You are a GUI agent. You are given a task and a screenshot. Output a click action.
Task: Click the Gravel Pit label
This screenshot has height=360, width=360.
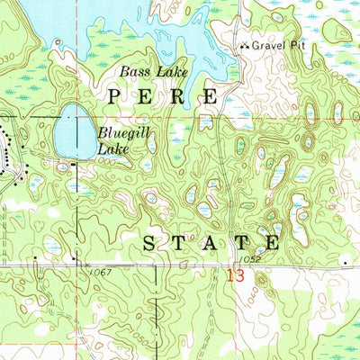point(279,44)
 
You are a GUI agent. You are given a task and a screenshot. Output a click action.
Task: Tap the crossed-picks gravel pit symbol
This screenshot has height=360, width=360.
point(244,45)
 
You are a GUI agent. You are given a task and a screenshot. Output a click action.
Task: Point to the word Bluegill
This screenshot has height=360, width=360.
point(118,132)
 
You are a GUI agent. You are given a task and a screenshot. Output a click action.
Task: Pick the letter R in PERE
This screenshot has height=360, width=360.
point(178,94)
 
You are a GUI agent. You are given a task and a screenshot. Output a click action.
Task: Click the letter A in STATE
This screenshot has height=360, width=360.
point(211,242)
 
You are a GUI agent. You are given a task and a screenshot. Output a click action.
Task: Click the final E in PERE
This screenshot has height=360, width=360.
point(210,94)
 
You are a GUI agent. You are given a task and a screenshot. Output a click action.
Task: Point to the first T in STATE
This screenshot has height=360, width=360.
point(181,242)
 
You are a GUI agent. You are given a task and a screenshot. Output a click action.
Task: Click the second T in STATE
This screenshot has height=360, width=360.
point(241,242)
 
